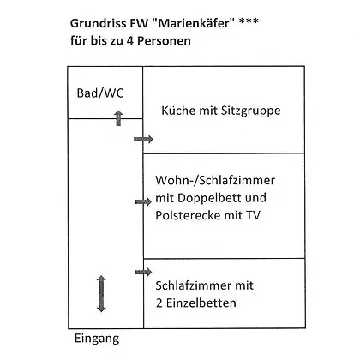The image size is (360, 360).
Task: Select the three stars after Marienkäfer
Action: pos(249,21)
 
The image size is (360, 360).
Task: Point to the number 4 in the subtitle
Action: pos(130,40)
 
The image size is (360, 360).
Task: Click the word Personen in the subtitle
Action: pos(164,41)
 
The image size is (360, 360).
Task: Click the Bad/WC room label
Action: pos(100,93)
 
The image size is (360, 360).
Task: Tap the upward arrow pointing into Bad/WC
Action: pos(118,118)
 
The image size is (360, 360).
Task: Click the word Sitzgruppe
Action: pos(251,111)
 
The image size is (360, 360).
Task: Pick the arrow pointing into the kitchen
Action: pos(143,139)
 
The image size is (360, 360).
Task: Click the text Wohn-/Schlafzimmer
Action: pos(215,180)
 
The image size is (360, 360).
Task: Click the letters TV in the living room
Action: pos(253,215)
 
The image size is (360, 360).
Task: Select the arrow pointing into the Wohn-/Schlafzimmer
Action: pos(143,201)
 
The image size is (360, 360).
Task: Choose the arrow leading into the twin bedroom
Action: pos(143,272)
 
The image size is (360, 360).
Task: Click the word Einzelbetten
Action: pos(201,303)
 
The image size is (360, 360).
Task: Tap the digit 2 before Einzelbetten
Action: pos(159,303)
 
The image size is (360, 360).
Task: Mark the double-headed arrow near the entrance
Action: pos(101,294)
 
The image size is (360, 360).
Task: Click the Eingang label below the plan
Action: pos(97,339)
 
